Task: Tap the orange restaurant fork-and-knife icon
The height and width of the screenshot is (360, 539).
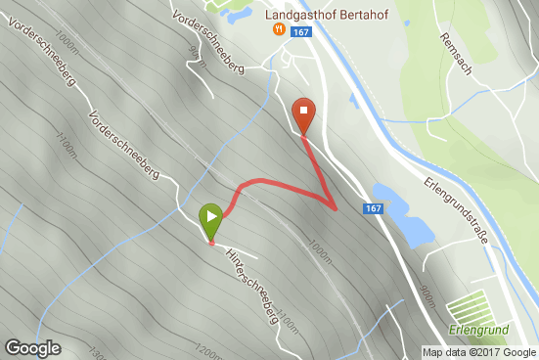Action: pyautogui.click(x=279, y=30)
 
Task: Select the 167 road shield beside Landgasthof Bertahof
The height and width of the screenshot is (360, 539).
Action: pyautogui.click(x=300, y=32)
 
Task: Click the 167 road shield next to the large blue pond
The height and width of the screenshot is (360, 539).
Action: pyautogui.click(x=373, y=208)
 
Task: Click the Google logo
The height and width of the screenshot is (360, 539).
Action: pyautogui.click(x=32, y=347)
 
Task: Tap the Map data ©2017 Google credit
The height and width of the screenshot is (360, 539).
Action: pyautogui.click(x=479, y=352)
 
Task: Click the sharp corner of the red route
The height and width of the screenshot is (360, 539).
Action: pyautogui.click(x=336, y=208)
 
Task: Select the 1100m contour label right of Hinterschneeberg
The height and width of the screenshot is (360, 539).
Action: pyautogui.click(x=287, y=317)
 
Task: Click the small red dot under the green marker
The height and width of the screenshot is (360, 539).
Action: pyautogui.click(x=211, y=243)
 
